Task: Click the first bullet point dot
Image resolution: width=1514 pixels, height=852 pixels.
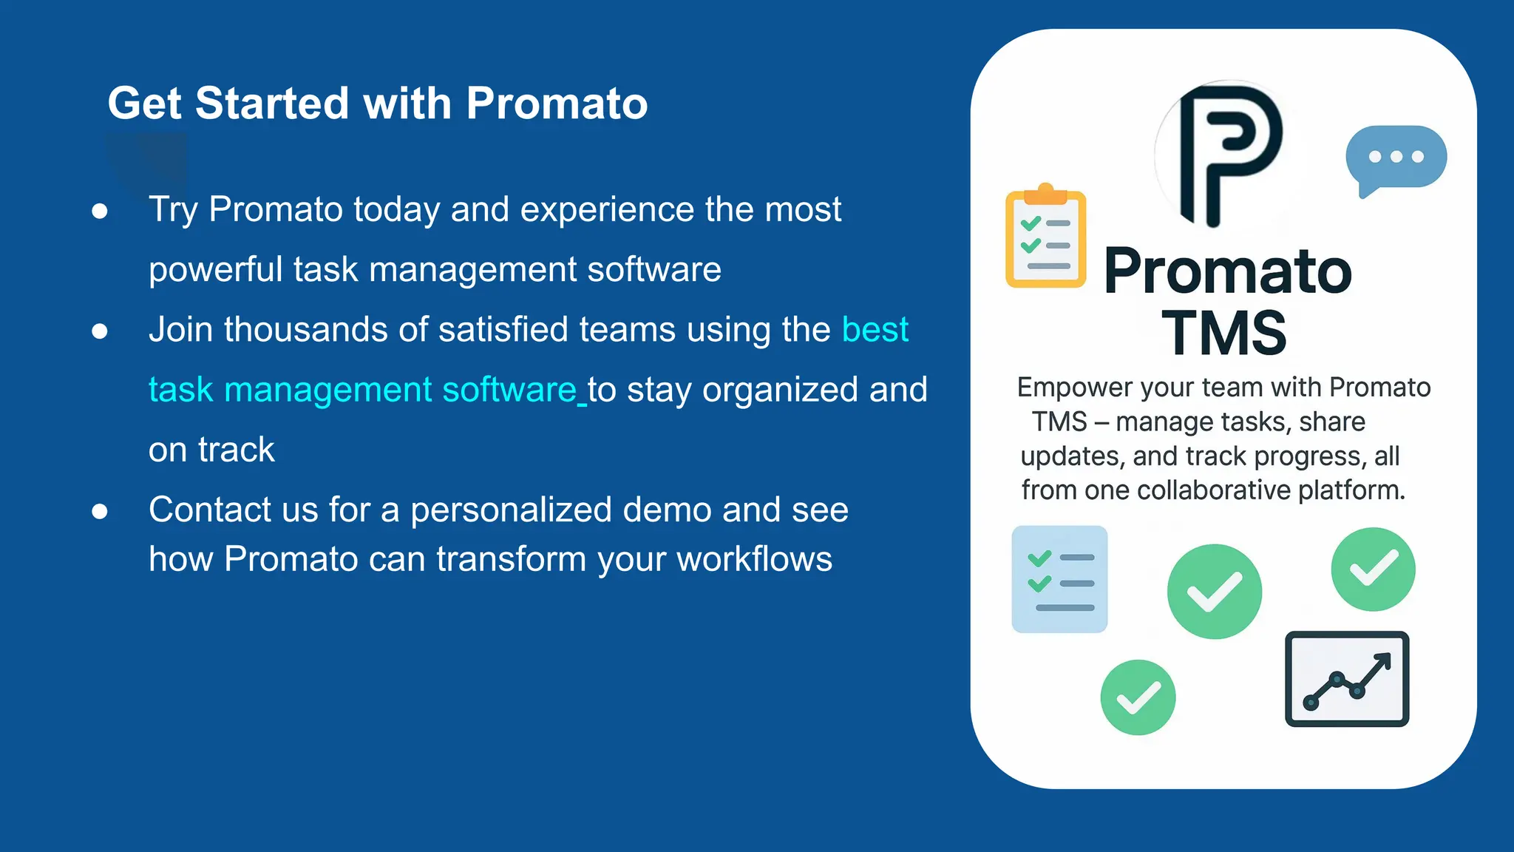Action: (100, 212)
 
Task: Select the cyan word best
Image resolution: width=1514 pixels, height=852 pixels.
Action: (875, 330)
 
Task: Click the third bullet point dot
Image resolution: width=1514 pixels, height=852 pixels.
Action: (100, 512)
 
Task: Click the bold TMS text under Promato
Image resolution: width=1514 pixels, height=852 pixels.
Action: (1223, 334)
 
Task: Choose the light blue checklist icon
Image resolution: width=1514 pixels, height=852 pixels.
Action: (1059, 579)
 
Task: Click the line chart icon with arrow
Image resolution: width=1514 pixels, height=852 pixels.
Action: (1347, 679)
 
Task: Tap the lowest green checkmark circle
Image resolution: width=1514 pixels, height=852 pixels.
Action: (1138, 697)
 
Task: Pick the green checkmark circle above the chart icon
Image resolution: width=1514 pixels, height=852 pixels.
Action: (1373, 569)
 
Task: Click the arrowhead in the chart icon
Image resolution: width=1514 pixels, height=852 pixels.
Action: (1384, 659)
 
